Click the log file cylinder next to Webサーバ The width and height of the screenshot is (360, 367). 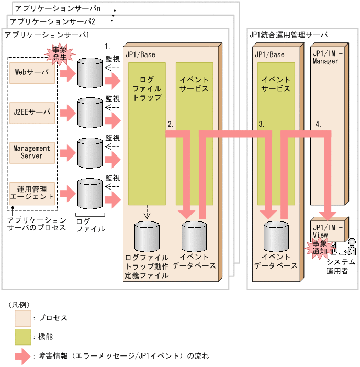coord(90,73)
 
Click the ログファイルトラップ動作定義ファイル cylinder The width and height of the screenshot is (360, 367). coord(147,237)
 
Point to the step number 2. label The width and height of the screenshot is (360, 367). coord(171,125)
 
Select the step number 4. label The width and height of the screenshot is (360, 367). coord(319,125)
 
